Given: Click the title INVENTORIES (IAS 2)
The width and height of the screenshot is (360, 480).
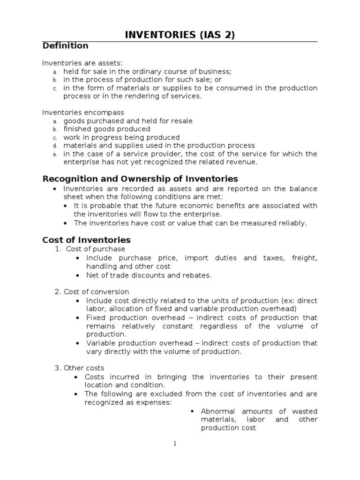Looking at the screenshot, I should click(x=180, y=35).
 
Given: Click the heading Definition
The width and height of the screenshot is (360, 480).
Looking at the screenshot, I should click(x=65, y=46).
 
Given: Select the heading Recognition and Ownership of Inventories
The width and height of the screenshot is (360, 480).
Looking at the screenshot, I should click(x=140, y=179).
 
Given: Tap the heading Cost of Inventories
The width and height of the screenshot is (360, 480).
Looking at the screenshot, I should click(x=86, y=240).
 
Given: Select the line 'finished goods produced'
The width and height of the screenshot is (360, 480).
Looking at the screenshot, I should click(x=107, y=129).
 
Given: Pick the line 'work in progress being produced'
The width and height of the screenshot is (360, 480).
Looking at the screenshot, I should click(x=121, y=137).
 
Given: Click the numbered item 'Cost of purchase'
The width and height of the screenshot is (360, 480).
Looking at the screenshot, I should click(x=96, y=249).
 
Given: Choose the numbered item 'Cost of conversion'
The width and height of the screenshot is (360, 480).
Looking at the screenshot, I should click(x=97, y=292).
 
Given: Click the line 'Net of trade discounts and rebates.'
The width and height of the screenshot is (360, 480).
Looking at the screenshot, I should click(x=149, y=275).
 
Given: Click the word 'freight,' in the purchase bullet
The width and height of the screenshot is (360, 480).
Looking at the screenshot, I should click(x=304, y=258).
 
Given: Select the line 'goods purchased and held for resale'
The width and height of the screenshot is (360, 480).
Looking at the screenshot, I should click(x=128, y=121).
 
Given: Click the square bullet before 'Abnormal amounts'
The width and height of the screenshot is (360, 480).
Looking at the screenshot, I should click(x=192, y=411).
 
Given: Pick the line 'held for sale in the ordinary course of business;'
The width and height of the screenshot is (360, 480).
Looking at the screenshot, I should click(x=148, y=71).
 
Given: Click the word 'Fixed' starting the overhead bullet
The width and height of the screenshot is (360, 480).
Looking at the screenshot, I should click(x=96, y=317).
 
